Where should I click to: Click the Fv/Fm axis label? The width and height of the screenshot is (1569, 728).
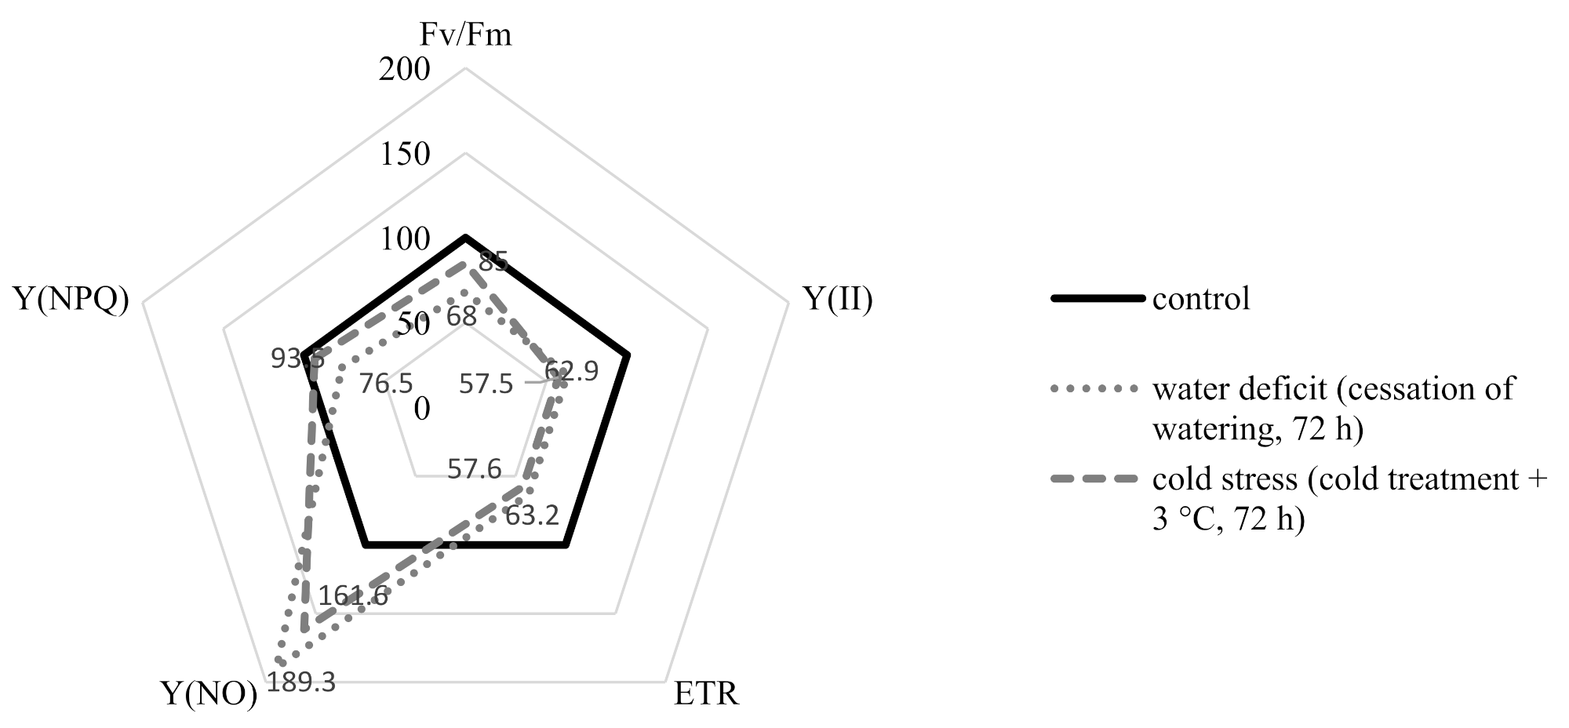pos(466,35)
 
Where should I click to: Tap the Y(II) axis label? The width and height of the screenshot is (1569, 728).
pos(839,300)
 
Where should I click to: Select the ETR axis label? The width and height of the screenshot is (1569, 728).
pos(707,694)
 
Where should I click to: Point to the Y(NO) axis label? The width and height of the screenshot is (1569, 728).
pos(209,694)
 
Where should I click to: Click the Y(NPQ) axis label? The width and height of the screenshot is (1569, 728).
pos(71,300)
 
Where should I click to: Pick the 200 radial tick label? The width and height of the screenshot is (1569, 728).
pos(404,69)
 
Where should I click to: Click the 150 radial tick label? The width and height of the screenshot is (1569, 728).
pos(404,154)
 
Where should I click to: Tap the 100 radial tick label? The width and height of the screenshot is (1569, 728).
pos(404,238)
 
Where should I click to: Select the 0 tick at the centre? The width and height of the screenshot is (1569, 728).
pos(422,408)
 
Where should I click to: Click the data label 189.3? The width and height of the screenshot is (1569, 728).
pos(301,683)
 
